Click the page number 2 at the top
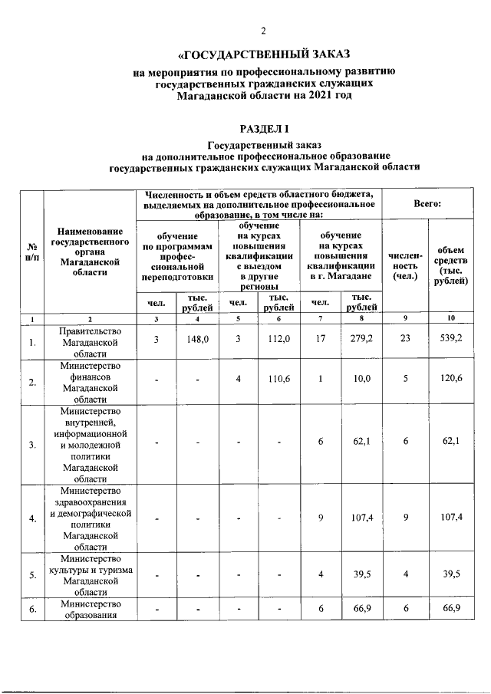click(263, 31)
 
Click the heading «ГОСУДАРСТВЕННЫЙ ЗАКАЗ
click(263, 54)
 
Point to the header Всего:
click(431, 205)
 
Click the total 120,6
click(450, 379)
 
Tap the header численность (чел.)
click(405, 265)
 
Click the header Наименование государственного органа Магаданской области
click(89, 252)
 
